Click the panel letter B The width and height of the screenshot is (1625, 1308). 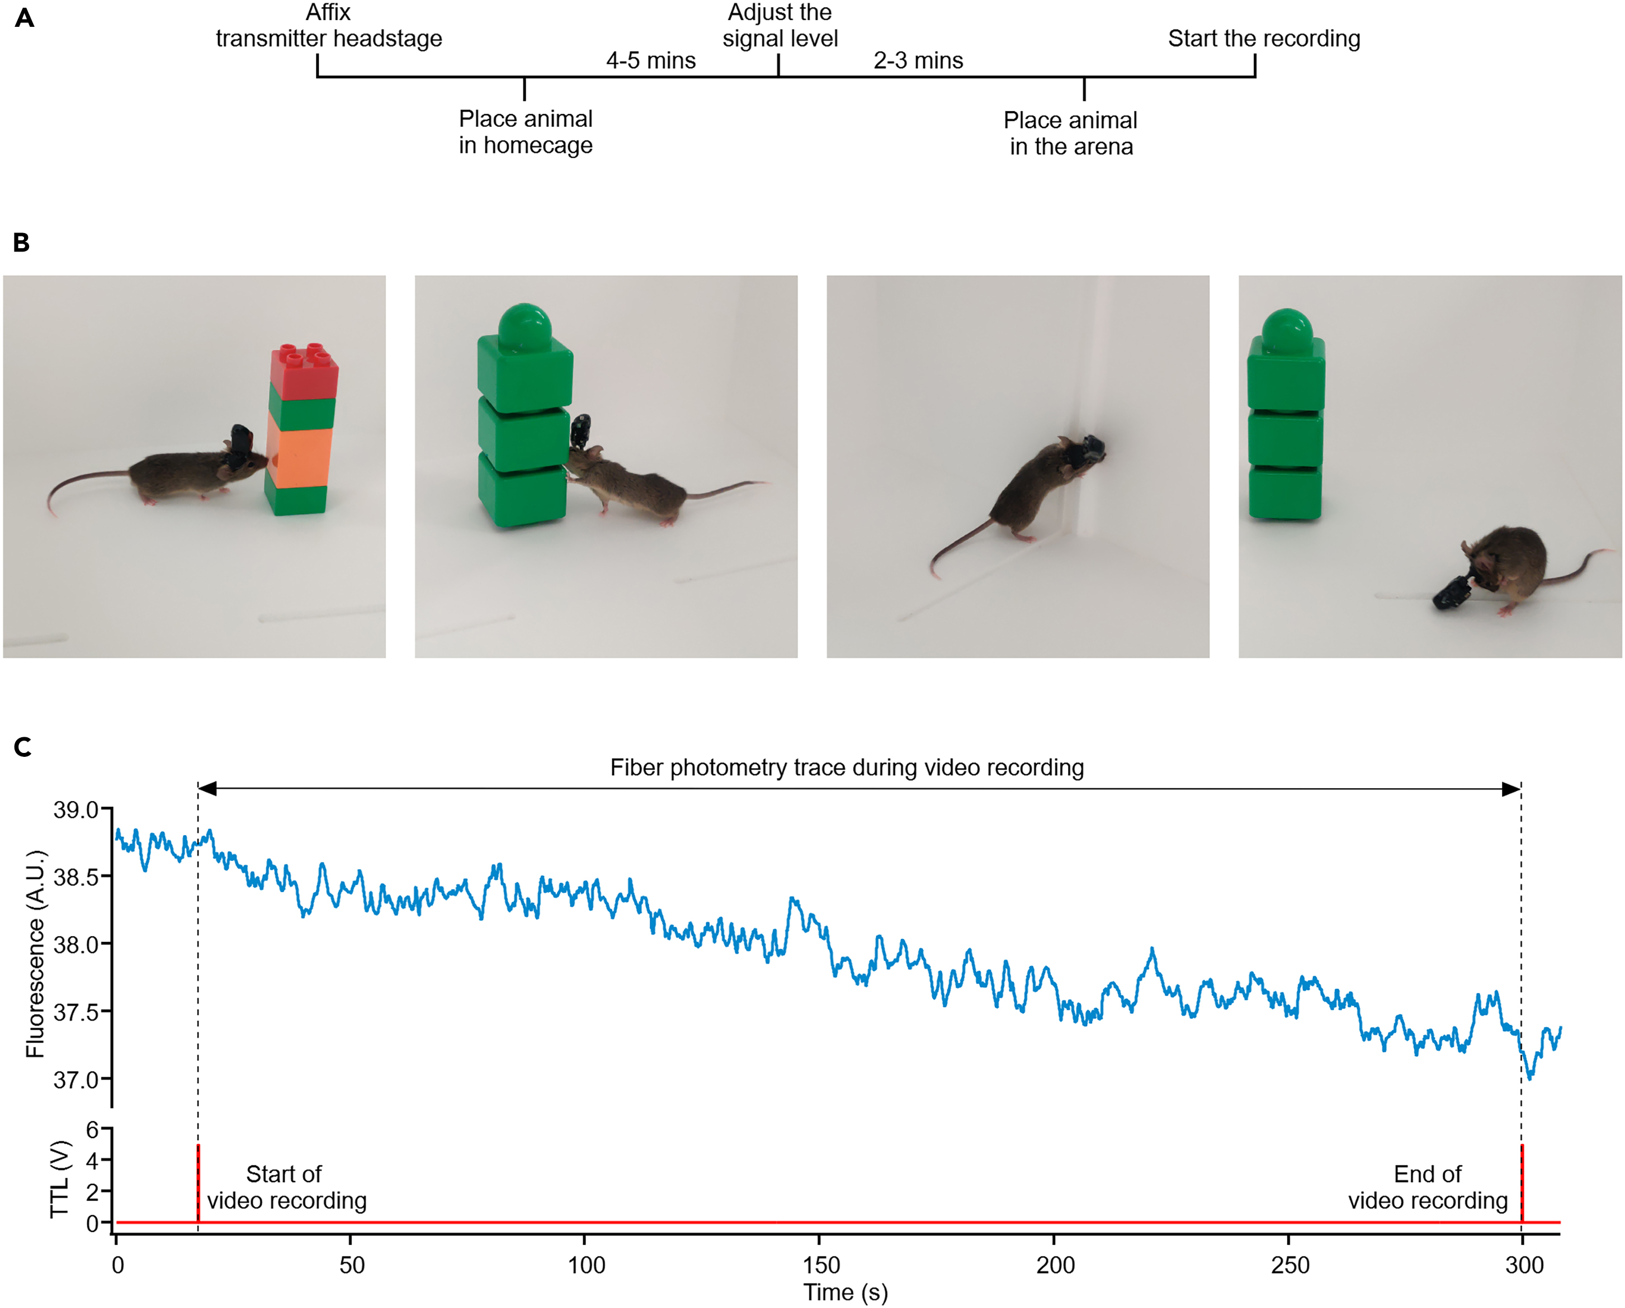[x=21, y=243]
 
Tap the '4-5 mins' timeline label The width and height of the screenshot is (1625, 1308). [x=650, y=60]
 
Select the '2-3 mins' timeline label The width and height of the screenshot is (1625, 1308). [x=918, y=60]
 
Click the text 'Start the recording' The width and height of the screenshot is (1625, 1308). [x=1264, y=39]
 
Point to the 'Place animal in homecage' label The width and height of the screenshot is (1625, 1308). [x=525, y=132]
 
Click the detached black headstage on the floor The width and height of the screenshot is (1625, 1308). [x=1452, y=591]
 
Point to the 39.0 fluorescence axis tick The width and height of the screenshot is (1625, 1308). [x=75, y=810]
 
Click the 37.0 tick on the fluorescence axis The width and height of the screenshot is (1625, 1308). [x=75, y=1080]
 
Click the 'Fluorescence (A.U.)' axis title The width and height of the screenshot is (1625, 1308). [x=35, y=953]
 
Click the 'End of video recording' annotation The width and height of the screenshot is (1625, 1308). [x=1428, y=1187]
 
